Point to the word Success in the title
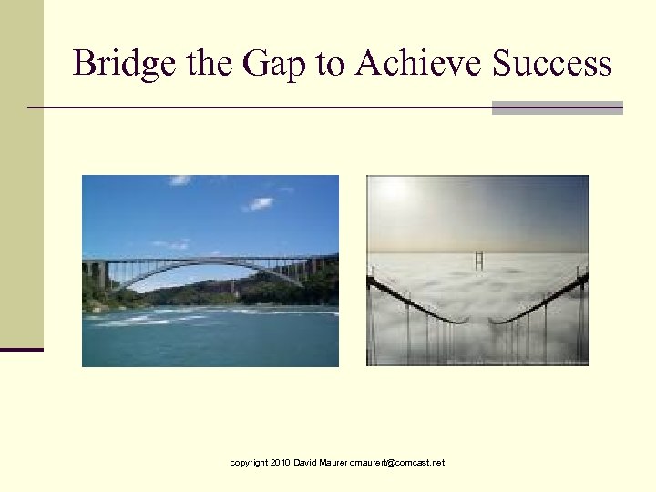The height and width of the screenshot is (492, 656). [x=552, y=63]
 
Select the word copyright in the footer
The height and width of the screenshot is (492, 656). [x=249, y=463]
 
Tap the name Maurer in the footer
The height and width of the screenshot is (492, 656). [x=333, y=463]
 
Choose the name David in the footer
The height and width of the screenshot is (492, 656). [x=305, y=463]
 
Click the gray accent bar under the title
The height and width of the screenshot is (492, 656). [x=557, y=108]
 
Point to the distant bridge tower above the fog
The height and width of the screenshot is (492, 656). [x=478, y=260]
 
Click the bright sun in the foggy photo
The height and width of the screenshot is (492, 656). [x=394, y=189]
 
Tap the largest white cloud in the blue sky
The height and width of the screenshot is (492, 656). [x=258, y=203]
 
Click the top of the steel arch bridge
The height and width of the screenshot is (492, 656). [x=210, y=261]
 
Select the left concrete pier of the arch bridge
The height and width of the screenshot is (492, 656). [x=98, y=273]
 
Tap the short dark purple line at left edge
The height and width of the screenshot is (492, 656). [x=22, y=349]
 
